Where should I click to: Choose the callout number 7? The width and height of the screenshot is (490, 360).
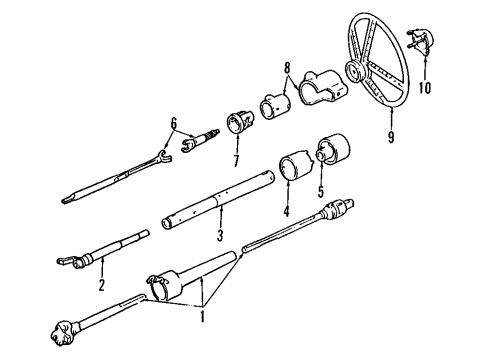point(237,161)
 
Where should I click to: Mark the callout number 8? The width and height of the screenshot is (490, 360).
point(287,71)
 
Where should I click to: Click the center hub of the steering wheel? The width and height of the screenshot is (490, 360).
point(355,71)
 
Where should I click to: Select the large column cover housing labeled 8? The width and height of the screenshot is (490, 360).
point(314,88)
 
